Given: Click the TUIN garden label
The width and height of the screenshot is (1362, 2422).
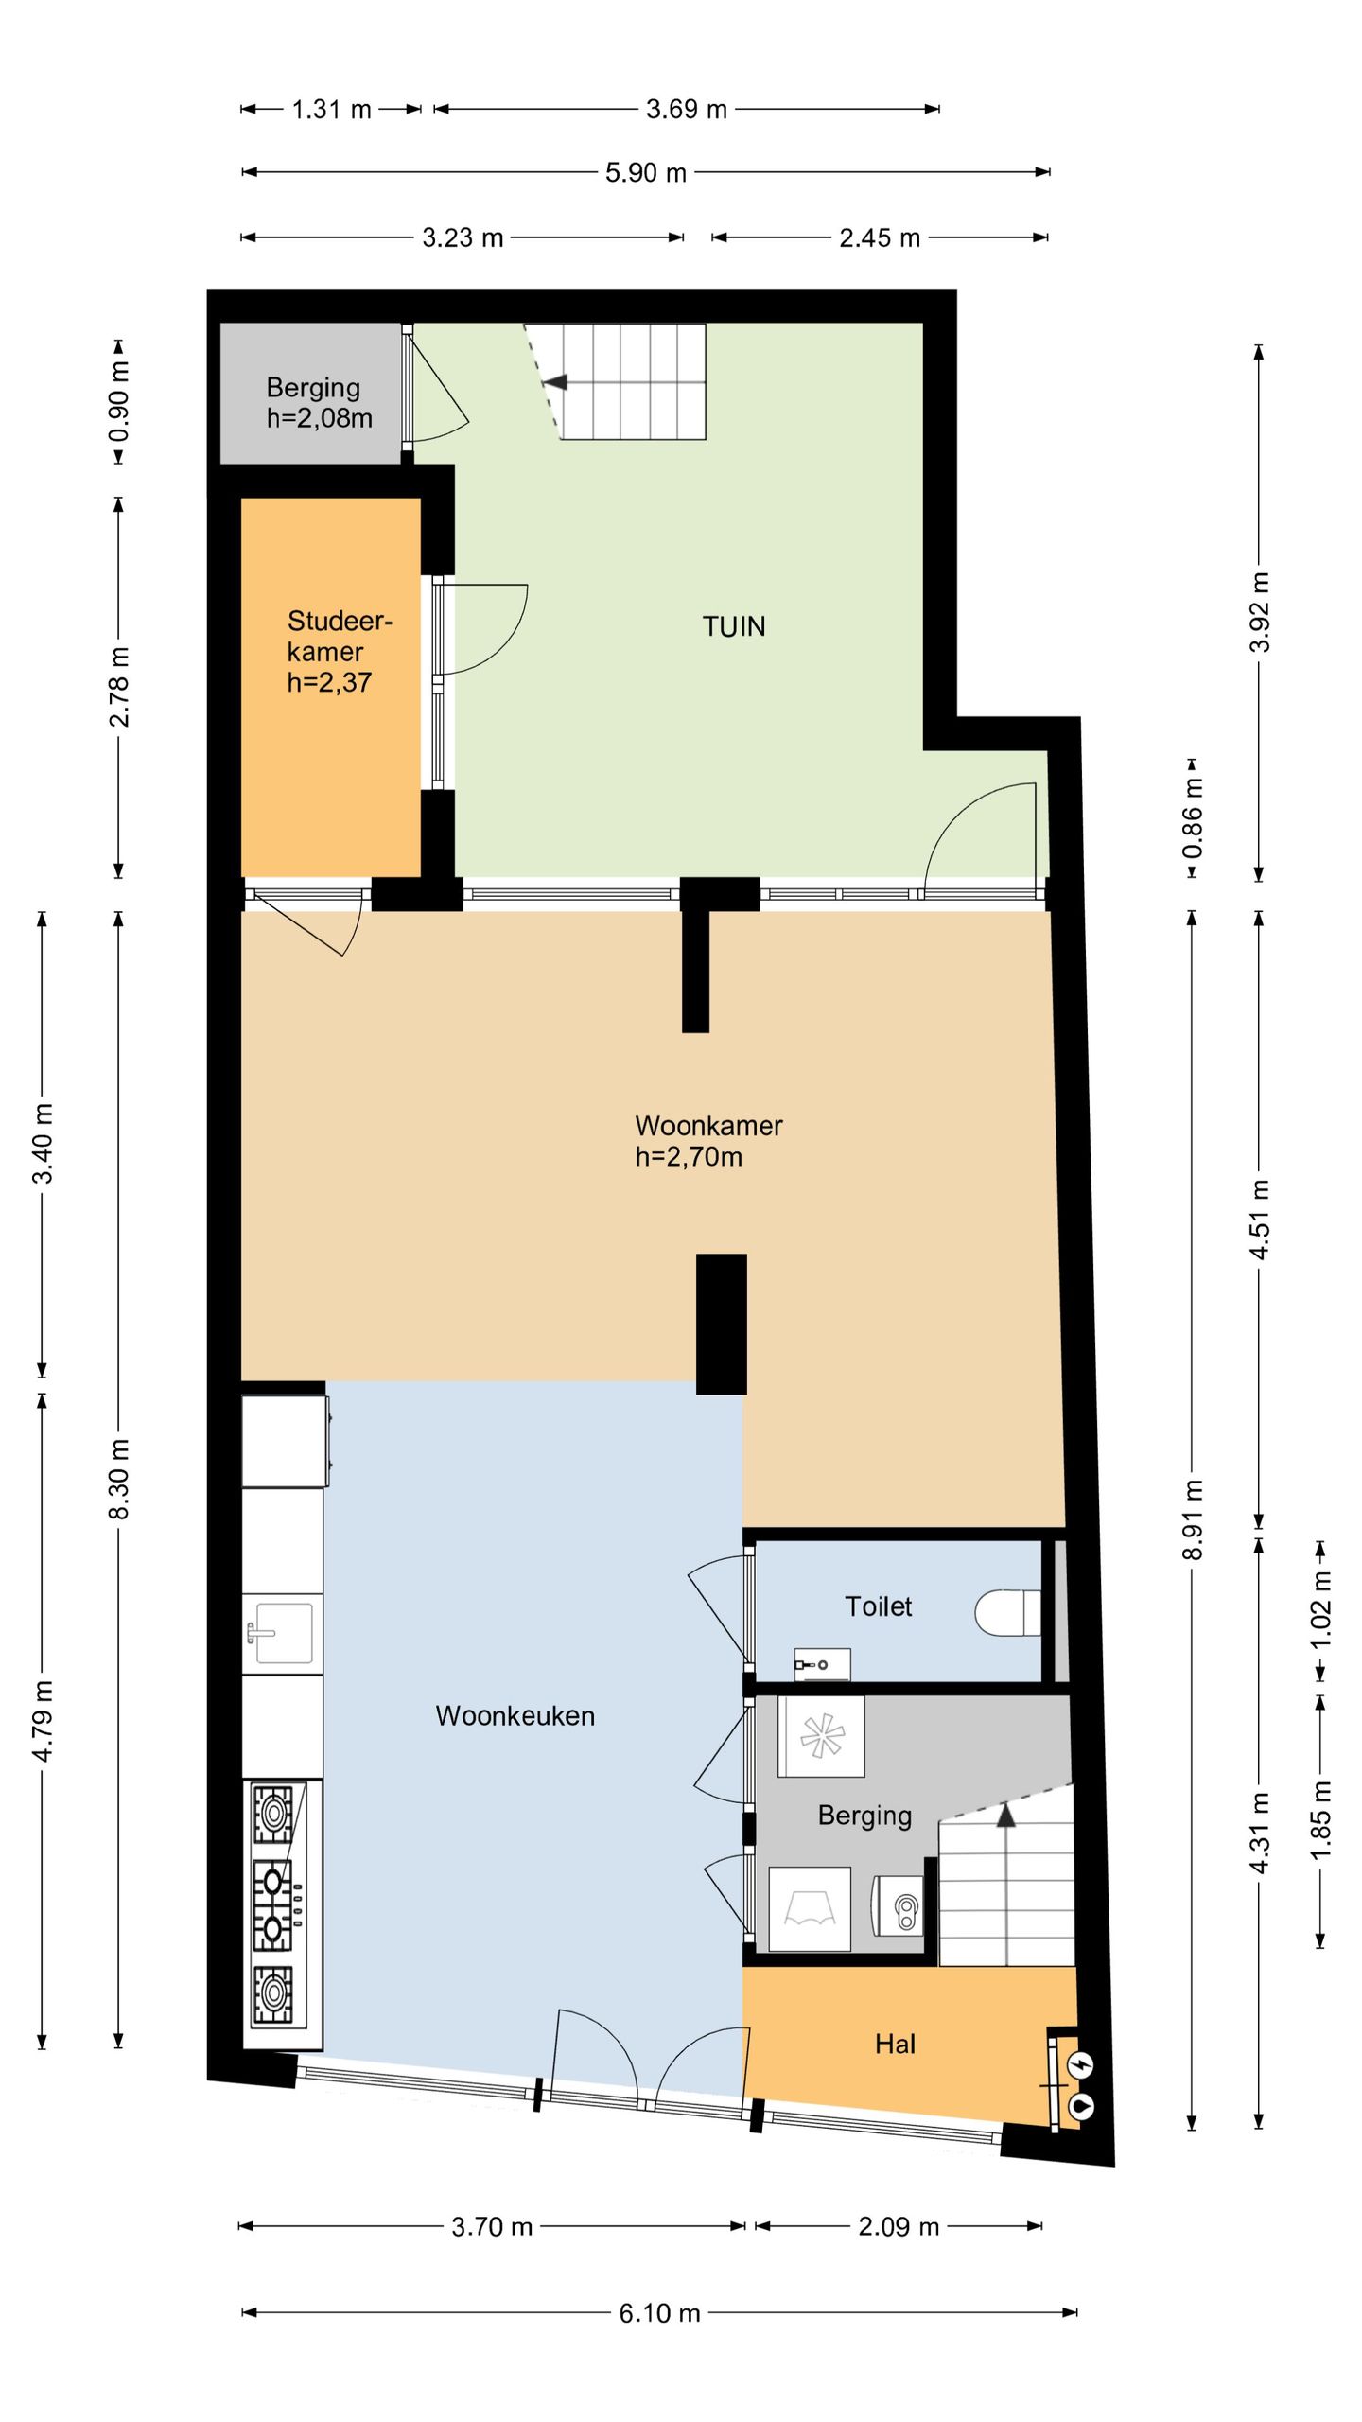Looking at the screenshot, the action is pos(734,626).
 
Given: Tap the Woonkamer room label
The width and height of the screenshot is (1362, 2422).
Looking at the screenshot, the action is pos(708,1126).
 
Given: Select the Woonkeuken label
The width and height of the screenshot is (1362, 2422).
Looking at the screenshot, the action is pos(515,1716).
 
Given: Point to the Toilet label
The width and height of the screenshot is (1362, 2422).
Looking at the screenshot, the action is pos(878,1606).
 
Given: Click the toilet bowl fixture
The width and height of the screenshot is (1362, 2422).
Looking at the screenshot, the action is pos(1007,1612).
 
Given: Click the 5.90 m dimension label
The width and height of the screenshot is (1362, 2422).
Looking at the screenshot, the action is pos(646,173).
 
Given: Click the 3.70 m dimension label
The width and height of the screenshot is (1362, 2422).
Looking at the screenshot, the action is pos(492,2226).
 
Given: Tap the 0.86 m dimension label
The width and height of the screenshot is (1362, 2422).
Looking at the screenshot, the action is pos(1193,817).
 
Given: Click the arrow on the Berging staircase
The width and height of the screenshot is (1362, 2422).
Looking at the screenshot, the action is pos(1005,1814).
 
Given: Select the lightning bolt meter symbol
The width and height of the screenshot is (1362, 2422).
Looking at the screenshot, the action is pos(1081,2065).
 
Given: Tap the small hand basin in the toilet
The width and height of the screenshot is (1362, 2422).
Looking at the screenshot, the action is pos(822,1664).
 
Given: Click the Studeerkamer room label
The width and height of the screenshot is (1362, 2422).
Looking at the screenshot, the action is pos(340,636).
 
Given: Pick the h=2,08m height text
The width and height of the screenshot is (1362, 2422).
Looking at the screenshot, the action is pos(319,418).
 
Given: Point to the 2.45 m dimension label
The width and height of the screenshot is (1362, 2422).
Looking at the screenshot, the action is pos(880,237).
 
